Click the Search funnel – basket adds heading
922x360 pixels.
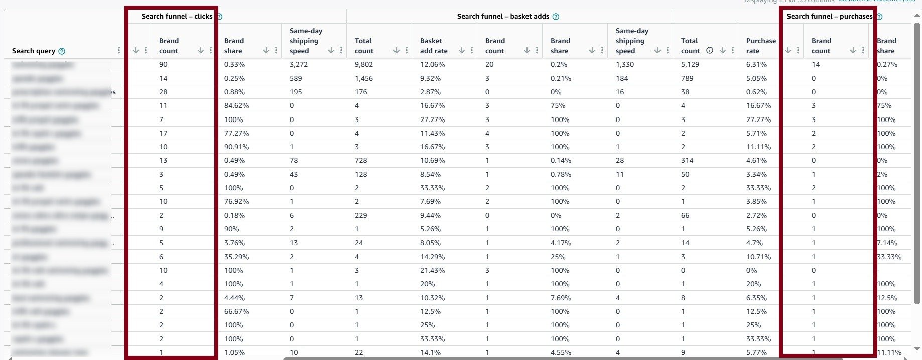click(x=503, y=16)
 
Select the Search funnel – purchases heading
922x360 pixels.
click(x=829, y=16)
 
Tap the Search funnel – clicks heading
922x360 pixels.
click(x=177, y=16)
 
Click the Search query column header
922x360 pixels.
click(x=34, y=51)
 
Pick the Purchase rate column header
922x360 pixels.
click(x=760, y=46)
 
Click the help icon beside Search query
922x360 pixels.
click(x=62, y=51)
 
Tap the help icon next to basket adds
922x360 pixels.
click(x=556, y=17)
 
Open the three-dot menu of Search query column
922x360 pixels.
click(x=119, y=50)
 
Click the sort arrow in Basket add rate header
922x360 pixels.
click(x=461, y=50)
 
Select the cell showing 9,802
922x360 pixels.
click(x=364, y=64)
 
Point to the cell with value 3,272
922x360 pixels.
click(x=299, y=64)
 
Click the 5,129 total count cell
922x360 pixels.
click(x=690, y=64)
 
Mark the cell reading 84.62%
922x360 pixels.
click(x=237, y=105)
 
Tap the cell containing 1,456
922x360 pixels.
click(x=364, y=78)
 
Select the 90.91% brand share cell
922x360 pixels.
click(x=237, y=147)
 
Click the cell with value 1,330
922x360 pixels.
click(x=625, y=64)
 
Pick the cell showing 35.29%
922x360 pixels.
click(x=237, y=257)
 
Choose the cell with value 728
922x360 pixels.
click(x=361, y=160)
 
